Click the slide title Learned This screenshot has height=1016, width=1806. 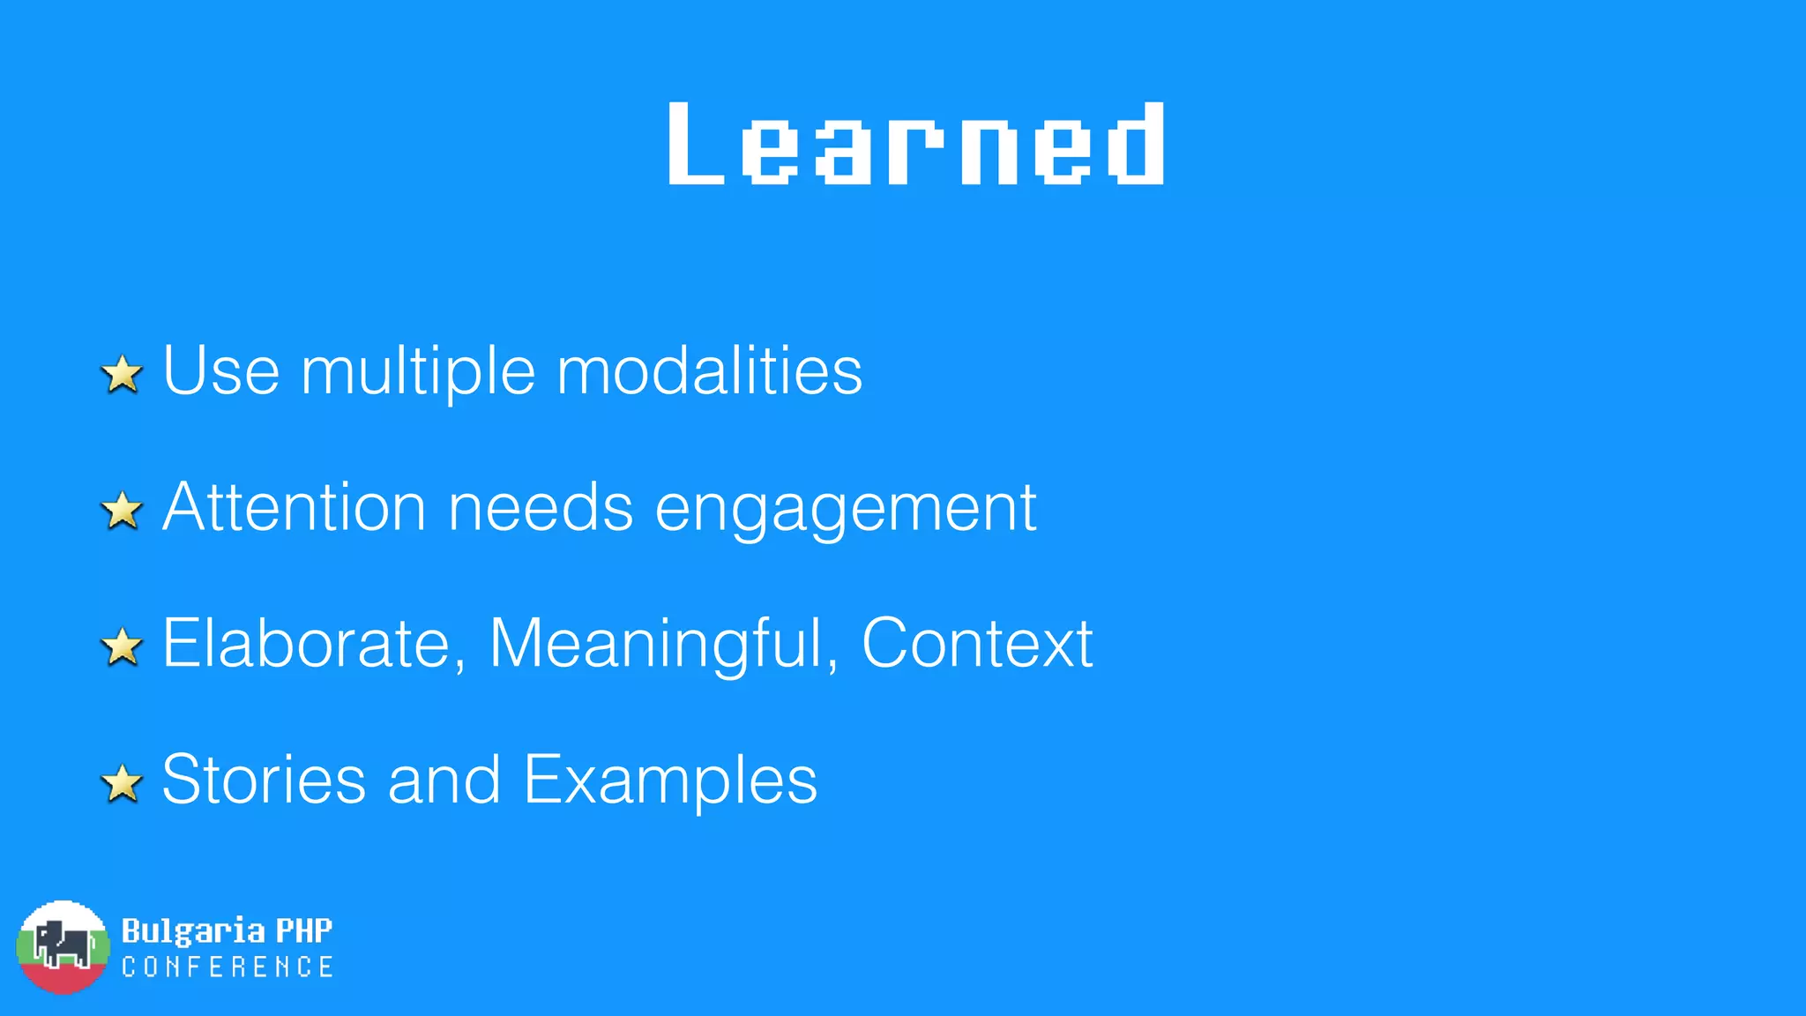click(x=916, y=144)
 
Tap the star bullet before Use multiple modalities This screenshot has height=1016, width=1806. click(x=123, y=374)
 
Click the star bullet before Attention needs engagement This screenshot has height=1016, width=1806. click(x=123, y=511)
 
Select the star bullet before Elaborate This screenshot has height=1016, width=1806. click(x=123, y=646)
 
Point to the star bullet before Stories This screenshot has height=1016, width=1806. click(x=123, y=783)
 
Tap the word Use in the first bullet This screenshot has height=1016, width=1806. click(x=221, y=370)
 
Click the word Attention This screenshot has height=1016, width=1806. click(x=295, y=507)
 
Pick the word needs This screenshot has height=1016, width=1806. click(x=541, y=507)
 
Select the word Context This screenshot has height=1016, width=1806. click(x=977, y=644)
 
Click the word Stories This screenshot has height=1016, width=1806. click(x=264, y=780)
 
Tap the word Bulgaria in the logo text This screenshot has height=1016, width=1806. click(x=193, y=931)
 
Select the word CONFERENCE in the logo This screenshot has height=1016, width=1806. click(x=228, y=967)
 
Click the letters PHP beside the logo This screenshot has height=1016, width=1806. click(x=304, y=930)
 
